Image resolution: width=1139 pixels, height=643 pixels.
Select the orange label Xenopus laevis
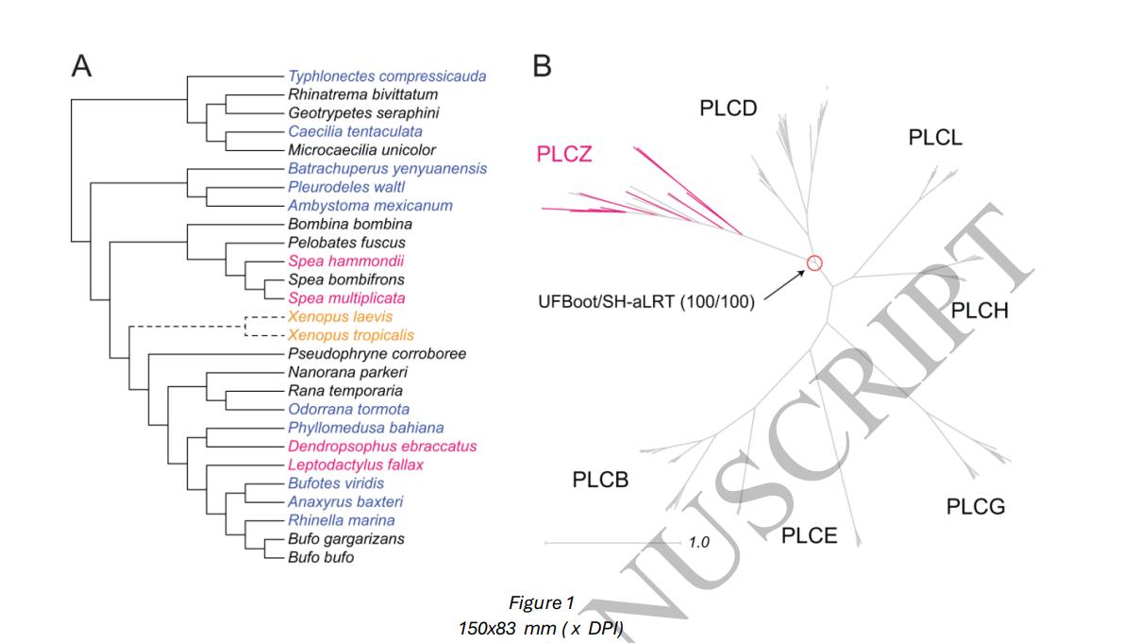click(x=340, y=317)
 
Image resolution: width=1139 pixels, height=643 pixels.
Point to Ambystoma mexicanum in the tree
click(x=357, y=206)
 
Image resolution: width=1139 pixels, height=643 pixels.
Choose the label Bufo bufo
click(x=322, y=558)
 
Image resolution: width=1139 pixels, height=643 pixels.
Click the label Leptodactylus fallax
click(x=357, y=465)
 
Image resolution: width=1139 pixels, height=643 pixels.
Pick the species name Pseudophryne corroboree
click(x=377, y=354)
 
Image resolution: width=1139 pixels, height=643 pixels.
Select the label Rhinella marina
click(x=342, y=520)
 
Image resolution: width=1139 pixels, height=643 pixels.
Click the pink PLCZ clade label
click(x=564, y=154)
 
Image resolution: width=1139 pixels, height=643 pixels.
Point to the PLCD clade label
click(x=728, y=108)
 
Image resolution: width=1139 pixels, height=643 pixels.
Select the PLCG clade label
click(x=976, y=507)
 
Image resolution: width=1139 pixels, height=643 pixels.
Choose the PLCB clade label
click(x=600, y=480)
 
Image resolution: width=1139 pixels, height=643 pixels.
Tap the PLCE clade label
click(x=809, y=535)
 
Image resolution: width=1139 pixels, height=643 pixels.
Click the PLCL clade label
click(x=935, y=138)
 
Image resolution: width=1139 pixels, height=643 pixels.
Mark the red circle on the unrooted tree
click(x=814, y=263)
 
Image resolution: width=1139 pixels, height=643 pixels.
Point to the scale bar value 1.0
click(x=698, y=543)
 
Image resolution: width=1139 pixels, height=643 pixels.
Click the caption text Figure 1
click(x=535, y=603)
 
